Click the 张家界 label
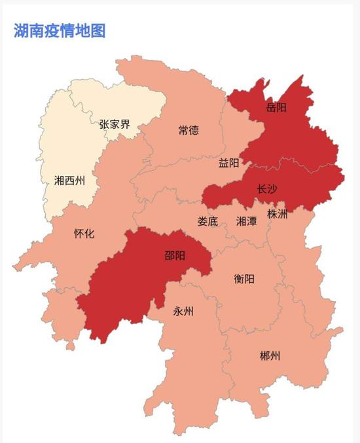click(115, 123)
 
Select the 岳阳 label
click(276, 107)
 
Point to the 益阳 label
click(228, 163)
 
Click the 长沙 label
click(266, 189)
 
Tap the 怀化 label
click(84, 233)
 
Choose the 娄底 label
click(207, 221)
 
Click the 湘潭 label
click(247, 221)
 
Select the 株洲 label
click(278, 214)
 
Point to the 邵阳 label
click(175, 255)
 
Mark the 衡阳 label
click(244, 279)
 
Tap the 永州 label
click(183, 311)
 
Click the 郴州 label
click(269, 356)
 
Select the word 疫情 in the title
click(59, 30)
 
